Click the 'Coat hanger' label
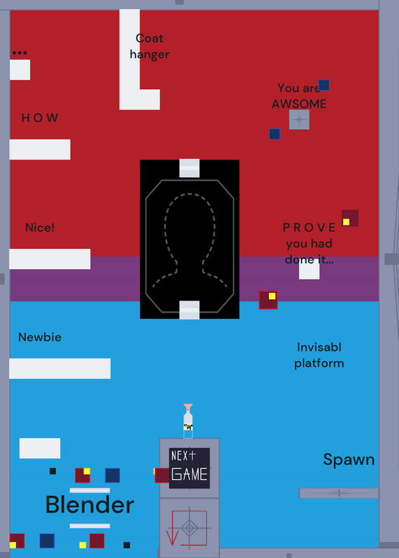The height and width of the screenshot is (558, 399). [150, 46]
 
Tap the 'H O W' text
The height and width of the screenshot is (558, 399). [40, 118]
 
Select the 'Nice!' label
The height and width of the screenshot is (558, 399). [40, 227]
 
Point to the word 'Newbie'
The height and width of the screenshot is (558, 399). [40, 337]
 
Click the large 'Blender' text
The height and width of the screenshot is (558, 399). [90, 504]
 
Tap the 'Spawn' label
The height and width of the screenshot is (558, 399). [349, 460]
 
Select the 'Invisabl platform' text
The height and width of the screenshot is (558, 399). [319, 355]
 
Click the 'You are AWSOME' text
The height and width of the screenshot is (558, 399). [299, 96]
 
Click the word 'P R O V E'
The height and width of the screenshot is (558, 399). [309, 227]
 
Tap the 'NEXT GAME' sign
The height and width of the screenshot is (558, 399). [189, 468]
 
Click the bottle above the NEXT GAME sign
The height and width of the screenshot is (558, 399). [188, 421]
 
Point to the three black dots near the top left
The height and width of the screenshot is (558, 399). [20, 53]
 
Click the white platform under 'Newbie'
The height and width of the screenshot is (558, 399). [60, 368]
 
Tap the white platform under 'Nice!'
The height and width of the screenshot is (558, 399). [50, 259]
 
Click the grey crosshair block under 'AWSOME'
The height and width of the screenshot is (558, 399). [299, 119]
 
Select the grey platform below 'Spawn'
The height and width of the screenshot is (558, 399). [339, 493]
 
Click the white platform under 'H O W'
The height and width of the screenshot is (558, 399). [40, 149]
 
